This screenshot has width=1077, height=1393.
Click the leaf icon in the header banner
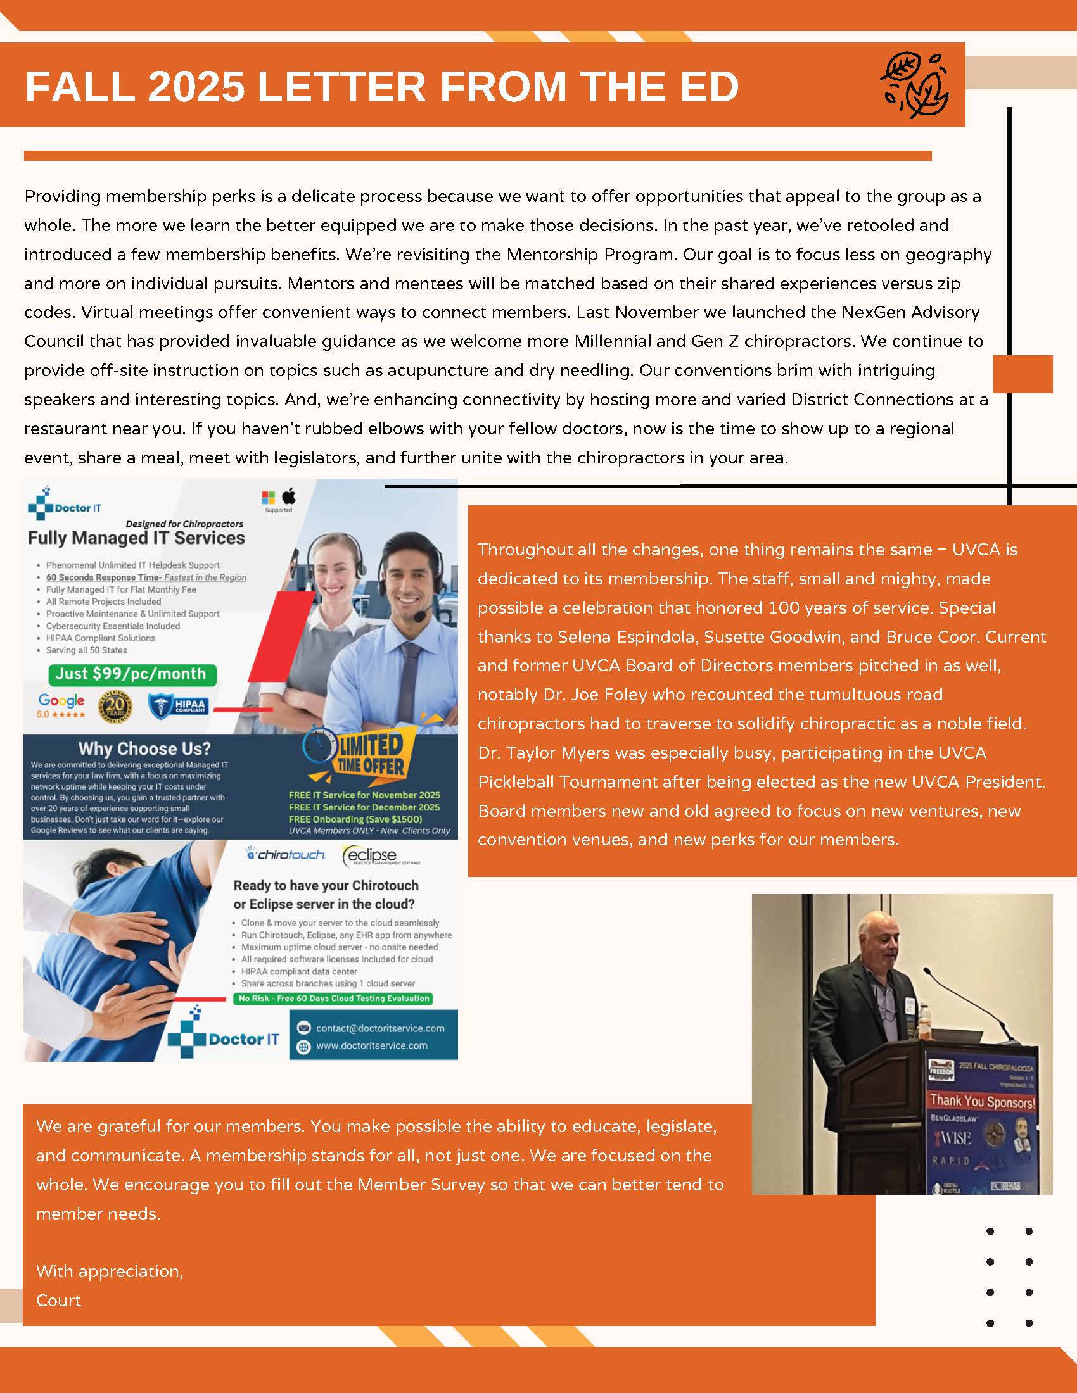point(915,85)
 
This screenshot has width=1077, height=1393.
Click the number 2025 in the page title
point(196,86)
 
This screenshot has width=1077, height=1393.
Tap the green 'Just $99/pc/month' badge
point(132,674)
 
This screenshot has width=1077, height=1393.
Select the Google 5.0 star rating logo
point(61,705)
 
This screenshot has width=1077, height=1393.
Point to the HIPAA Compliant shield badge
point(179,706)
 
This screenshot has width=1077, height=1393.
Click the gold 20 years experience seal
point(115,707)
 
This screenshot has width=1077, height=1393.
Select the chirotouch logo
point(286,855)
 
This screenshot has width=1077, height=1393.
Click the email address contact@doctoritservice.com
point(380,1028)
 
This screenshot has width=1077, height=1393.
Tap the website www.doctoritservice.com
point(372,1045)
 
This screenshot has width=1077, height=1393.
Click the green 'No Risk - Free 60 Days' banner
point(333,998)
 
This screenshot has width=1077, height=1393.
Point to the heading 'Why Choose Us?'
point(144,748)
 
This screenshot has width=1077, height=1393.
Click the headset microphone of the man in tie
point(421,616)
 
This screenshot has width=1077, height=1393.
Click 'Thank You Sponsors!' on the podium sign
point(982,1102)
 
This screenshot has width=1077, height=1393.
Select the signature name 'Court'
point(59,1300)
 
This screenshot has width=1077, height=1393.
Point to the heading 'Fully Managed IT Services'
point(136,538)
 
